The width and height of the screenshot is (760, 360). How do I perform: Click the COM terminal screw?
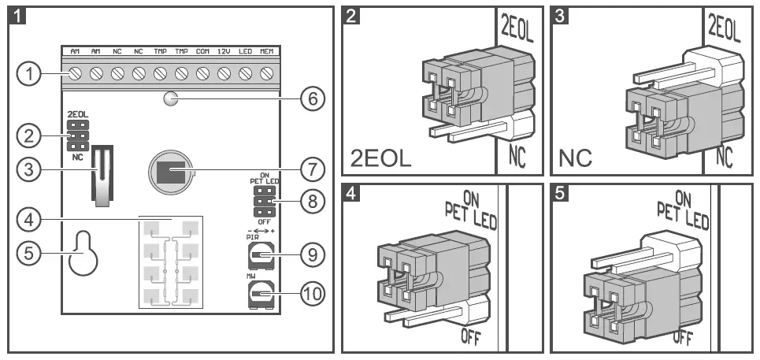(x=202, y=74)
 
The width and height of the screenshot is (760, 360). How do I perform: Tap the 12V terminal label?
(x=224, y=52)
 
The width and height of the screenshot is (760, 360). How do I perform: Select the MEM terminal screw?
(x=266, y=74)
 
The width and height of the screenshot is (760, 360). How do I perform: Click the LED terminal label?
(x=245, y=52)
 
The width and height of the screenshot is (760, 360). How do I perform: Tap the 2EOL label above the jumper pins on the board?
(x=77, y=113)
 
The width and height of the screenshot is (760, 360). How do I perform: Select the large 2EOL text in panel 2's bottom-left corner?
(x=381, y=158)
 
